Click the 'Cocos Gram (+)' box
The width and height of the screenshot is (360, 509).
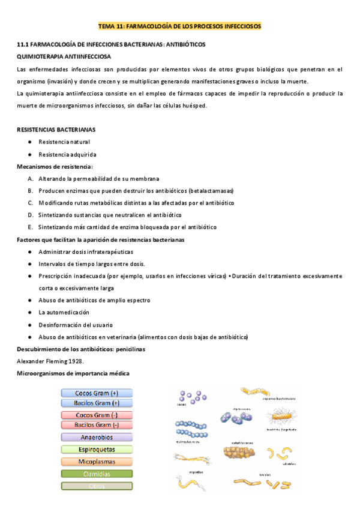pos(97,393)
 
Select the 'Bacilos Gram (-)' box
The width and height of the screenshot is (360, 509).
pos(97,424)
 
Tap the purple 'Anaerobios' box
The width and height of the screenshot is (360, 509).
pos(97,438)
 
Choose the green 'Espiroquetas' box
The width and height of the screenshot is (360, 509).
pos(97,450)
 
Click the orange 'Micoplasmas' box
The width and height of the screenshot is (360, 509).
pos(97,462)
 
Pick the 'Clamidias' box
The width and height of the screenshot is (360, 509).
pos(97,474)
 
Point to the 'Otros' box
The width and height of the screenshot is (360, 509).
pos(97,486)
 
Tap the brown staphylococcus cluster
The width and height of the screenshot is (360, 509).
pos(239,453)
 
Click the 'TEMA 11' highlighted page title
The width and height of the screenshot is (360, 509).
pos(179,27)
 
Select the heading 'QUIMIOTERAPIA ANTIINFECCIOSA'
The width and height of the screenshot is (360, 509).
pos(64,56)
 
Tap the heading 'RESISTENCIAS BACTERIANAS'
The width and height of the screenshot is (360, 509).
pos(55,129)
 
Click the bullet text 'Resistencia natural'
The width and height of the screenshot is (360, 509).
pos(64,142)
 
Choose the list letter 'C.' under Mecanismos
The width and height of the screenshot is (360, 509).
pos(30,203)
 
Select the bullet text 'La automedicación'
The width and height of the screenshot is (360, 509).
pos(64,312)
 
